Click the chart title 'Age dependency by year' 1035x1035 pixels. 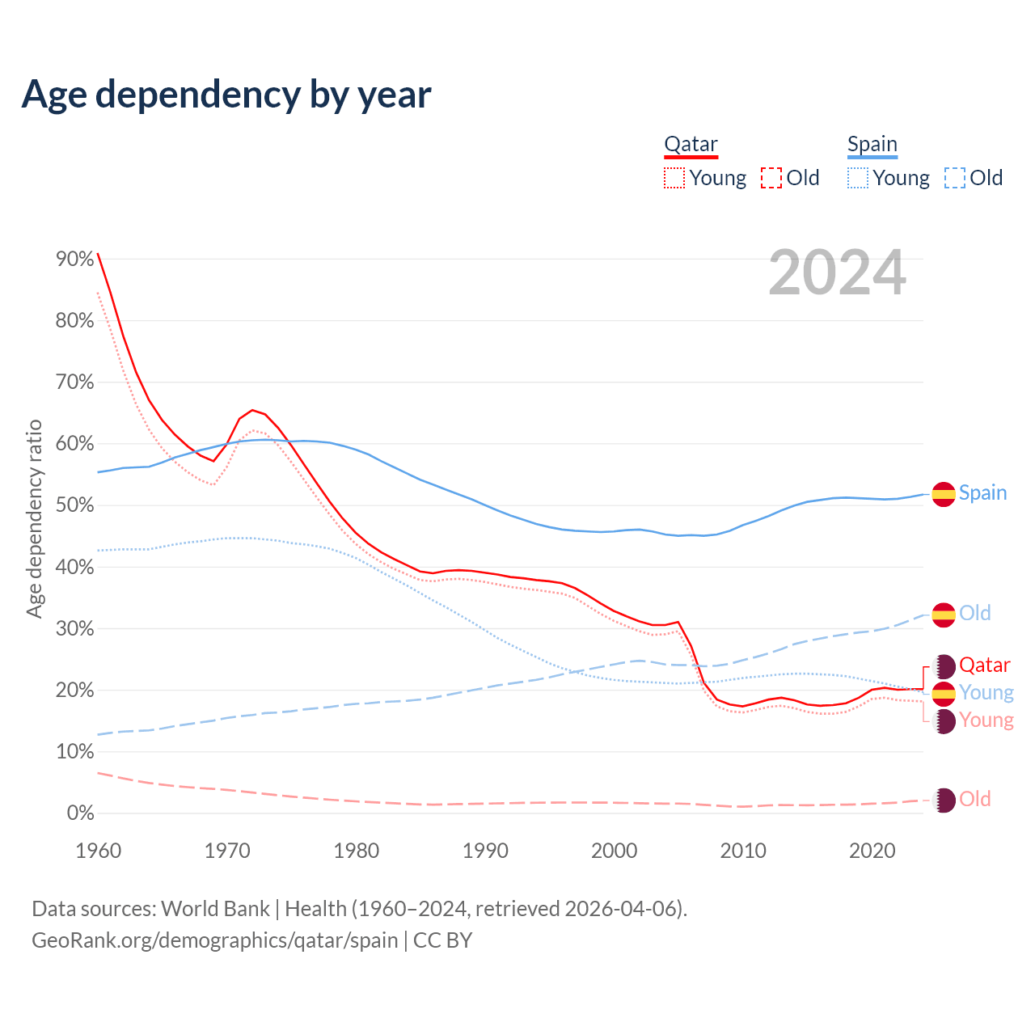tap(226, 95)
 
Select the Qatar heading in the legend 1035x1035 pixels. tap(691, 145)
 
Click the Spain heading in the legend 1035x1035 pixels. tap(872, 145)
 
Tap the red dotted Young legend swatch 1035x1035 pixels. tap(674, 178)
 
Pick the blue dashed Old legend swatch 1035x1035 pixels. tap(955, 178)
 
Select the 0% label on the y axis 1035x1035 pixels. tap(80, 813)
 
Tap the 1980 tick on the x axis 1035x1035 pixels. tap(357, 851)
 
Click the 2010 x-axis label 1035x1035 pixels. tap(743, 851)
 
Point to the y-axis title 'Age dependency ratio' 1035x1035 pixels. tap(34, 518)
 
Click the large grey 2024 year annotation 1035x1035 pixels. tap(837, 273)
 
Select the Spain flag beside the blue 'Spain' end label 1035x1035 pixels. tap(944, 494)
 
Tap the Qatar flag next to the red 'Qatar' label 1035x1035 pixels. tap(944, 666)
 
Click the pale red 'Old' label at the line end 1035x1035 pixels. tap(974, 800)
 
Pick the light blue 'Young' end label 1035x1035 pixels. tap(986, 693)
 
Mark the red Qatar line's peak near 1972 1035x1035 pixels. tap(252, 410)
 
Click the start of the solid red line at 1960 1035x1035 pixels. tap(98, 254)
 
